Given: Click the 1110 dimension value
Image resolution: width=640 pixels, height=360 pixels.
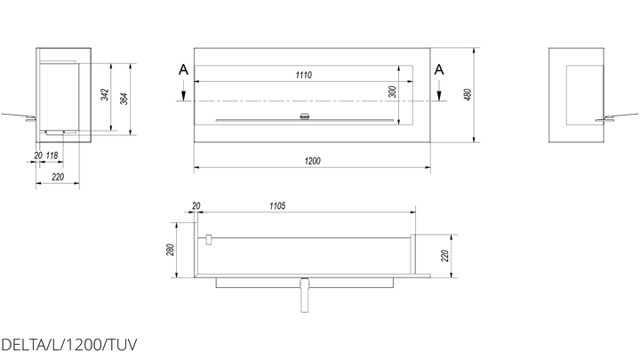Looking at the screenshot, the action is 304,75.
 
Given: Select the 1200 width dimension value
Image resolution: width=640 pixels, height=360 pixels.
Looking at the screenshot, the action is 313,161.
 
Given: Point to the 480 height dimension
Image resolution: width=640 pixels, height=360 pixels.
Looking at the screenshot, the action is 468,94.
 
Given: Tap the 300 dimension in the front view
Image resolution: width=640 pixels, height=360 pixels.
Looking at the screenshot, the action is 393,92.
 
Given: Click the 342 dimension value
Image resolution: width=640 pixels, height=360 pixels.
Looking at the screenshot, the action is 105,95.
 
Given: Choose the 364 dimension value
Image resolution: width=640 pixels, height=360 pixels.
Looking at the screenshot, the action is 124,99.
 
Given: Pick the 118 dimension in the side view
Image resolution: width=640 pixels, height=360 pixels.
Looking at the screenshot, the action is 52,156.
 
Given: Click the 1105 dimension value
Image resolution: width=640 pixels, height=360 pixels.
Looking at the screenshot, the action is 277,206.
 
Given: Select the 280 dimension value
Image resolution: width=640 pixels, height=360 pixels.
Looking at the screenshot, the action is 171,250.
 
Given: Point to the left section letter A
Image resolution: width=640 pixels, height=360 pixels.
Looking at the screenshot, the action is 184,70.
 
